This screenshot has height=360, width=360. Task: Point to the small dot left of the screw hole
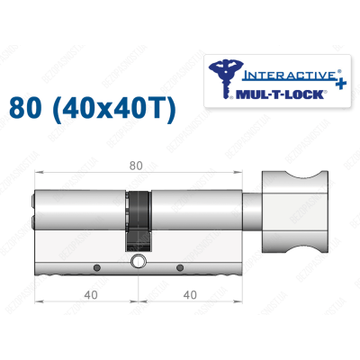coord(94,267)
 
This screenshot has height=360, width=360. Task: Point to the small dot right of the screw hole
coord(180,267)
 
